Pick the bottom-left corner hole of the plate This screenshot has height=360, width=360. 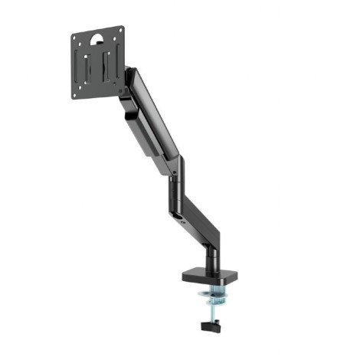click(79, 94)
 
